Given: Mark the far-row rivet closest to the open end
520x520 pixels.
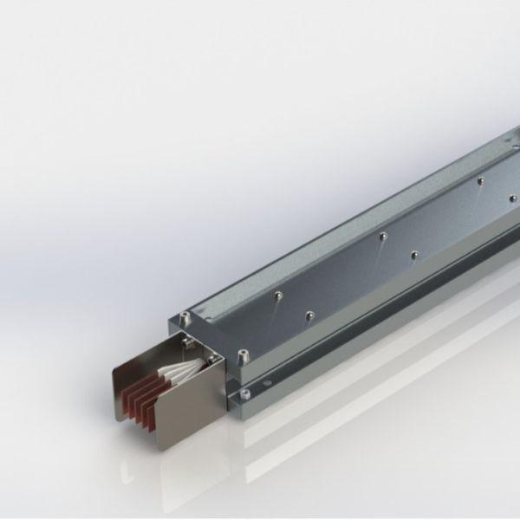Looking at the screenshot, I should tap(276, 295).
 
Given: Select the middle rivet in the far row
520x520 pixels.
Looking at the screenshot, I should tap(381, 236).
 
